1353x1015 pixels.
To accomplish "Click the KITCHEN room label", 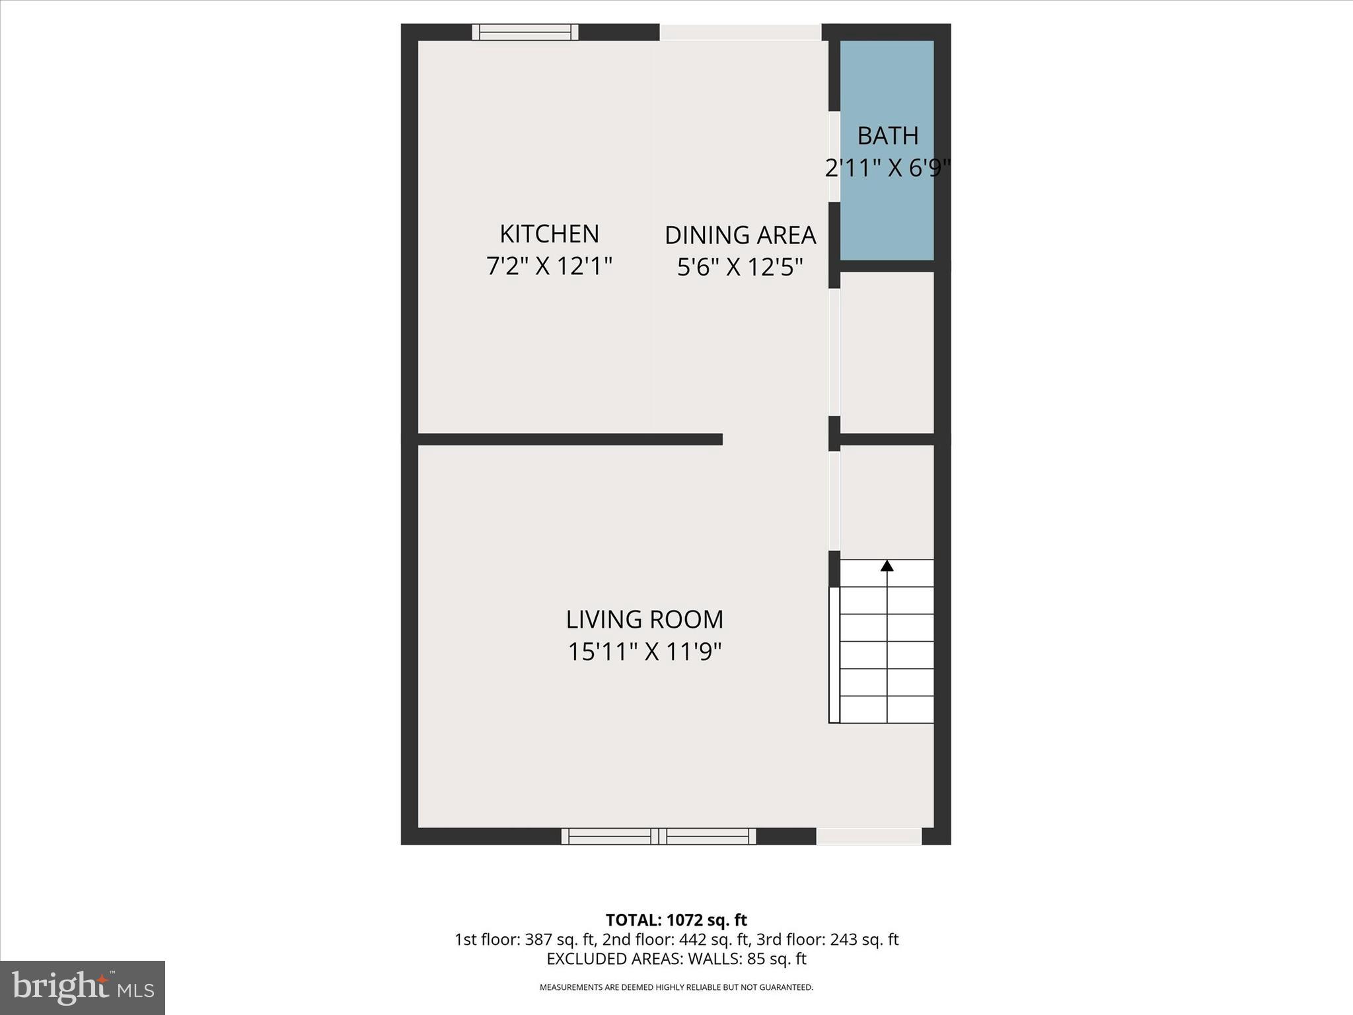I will coord(549,234).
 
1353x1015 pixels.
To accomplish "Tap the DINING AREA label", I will coord(740,235).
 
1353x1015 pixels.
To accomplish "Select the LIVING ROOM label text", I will coord(644,620).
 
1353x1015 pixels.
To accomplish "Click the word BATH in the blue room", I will coord(887,136).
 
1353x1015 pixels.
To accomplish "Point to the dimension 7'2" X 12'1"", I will coord(549,266).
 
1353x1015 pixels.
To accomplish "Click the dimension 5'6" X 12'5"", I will coord(740,268).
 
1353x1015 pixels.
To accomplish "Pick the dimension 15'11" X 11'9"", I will coord(644,652).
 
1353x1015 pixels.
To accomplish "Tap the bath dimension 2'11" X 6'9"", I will coord(887,169).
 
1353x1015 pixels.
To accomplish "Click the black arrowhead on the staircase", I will coord(887,566).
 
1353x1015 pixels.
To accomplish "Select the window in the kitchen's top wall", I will coord(525,32).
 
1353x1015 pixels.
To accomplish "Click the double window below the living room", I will coord(659,836).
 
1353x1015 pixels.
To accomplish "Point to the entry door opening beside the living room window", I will coord(869,836).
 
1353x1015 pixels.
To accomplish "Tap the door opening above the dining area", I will coord(740,32).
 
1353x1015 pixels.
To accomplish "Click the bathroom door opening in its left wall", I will coord(834,157).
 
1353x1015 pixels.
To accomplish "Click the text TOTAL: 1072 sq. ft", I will coord(676,920).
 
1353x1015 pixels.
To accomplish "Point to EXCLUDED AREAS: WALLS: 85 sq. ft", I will coord(676,959).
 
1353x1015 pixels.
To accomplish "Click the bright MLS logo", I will coord(82,987).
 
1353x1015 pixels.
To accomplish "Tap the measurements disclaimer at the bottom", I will coord(676,987).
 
